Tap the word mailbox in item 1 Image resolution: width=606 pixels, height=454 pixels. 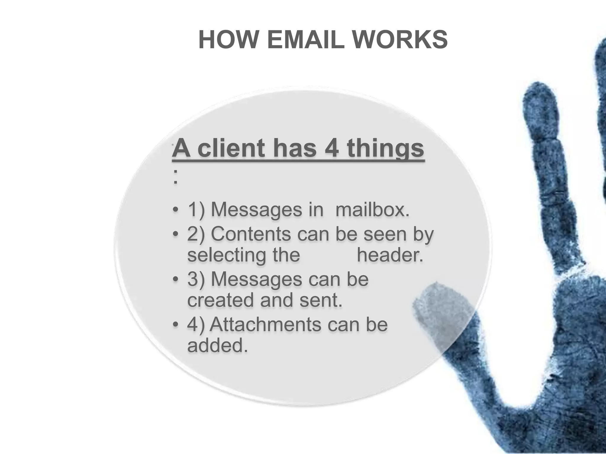373,210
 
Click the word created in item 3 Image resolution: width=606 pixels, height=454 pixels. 220,300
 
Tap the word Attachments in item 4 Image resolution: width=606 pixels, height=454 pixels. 265,324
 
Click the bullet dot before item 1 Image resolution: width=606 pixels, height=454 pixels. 175,210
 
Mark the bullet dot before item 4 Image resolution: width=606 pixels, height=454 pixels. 175,325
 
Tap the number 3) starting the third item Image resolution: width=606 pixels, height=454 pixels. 196,279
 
